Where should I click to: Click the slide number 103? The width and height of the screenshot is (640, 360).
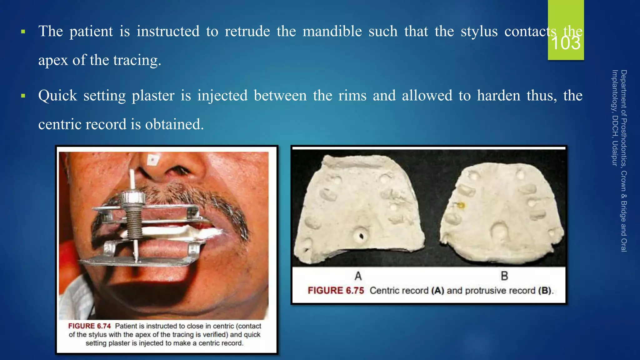coord(566,43)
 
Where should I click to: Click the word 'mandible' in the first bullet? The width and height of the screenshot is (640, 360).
coord(332,31)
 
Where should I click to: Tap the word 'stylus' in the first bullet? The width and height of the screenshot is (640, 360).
coord(479,31)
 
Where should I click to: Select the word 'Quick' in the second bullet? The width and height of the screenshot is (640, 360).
coord(57,96)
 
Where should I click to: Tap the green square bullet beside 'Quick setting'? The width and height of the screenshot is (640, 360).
coord(23,96)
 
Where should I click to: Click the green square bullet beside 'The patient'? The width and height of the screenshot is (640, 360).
coord(23,32)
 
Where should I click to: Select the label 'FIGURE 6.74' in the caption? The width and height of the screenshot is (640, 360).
coord(89,326)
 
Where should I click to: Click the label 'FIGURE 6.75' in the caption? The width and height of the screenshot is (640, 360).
coord(336,291)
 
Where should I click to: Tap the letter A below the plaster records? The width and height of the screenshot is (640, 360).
coord(358,276)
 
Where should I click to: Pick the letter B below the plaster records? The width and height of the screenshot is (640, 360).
coord(504,276)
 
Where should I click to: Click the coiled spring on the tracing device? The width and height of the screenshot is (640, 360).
coord(134,225)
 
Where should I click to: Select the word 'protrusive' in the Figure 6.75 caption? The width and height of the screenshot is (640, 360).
coord(484,291)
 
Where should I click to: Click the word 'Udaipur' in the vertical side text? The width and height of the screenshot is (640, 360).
coord(615,153)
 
